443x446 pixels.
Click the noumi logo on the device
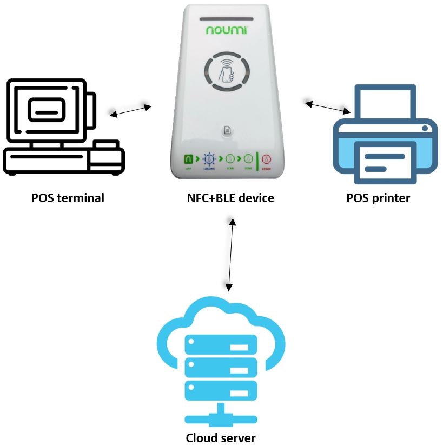(x=226, y=31)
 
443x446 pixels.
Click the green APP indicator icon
(x=189, y=159)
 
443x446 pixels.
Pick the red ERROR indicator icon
(x=266, y=159)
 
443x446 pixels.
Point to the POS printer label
(x=378, y=198)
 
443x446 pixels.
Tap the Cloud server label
(x=221, y=437)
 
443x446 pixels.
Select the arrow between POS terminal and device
(x=131, y=109)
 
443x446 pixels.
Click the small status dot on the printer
(x=426, y=129)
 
